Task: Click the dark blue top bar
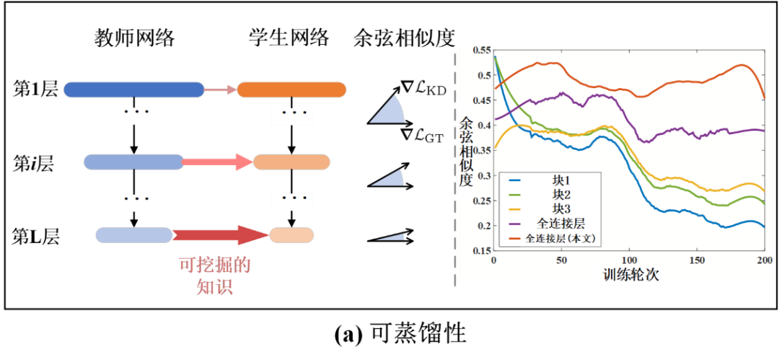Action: [133, 89]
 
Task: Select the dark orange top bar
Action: [291, 89]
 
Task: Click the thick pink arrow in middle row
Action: [218, 162]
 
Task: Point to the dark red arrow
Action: [220, 234]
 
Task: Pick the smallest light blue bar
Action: [133, 234]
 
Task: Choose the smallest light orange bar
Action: [292, 234]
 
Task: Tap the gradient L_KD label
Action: [423, 88]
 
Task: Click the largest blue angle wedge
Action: [389, 112]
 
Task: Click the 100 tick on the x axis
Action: [629, 260]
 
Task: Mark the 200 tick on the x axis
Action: [764, 260]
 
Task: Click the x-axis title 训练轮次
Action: [630, 275]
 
